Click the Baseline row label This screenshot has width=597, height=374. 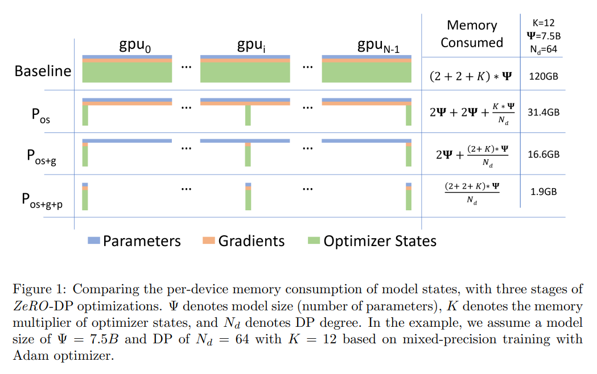coord(43,71)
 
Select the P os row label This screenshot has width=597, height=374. coord(41,115)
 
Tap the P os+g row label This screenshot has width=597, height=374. coord(42,157)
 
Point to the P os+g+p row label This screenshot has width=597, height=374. coord(42,200)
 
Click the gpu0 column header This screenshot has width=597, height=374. coord(135,46)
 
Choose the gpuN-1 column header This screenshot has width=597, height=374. coord(378,46)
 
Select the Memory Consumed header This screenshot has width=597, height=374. coord(472,34)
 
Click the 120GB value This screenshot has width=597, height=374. coord(544,76)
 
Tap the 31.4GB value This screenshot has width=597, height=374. coord(544,112)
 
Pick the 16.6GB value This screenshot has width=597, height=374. coord(544,154)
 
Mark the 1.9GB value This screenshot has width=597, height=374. coord(544,192)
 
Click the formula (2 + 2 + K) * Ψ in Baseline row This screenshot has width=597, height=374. coord(471,76)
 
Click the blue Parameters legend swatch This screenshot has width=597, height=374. coord(94,240)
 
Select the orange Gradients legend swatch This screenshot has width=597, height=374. coord(209,240)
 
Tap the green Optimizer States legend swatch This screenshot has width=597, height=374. coord(314,240)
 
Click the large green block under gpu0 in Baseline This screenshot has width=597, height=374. coord(127,72)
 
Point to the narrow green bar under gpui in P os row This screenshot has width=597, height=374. coord(248,115)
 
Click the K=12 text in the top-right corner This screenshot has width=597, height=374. coord(544,23)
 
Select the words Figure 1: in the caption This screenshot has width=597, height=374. coord(39,289)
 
